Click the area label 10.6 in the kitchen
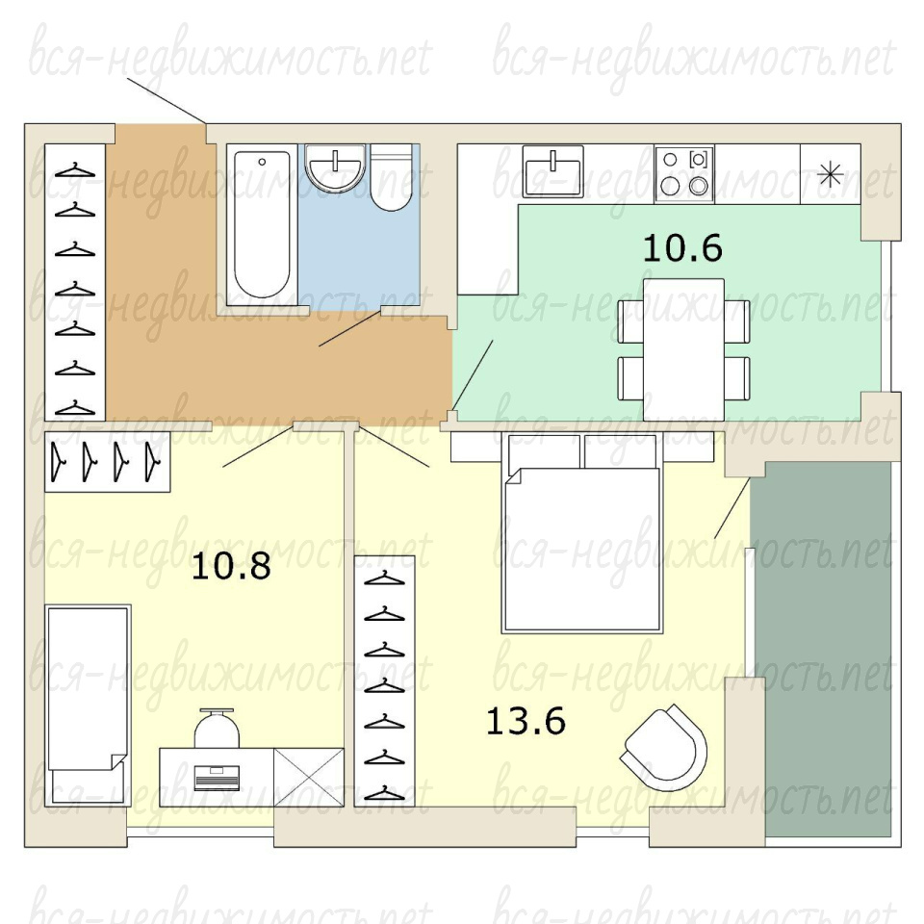(682, 247)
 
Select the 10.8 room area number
(231, 566)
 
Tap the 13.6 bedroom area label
(526, 721)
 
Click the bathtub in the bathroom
(262, 224)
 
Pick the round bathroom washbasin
(335, 167)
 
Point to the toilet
(392, 178)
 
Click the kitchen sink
(552, 171)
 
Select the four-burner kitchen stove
(684, 174)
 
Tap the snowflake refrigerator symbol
(830, 174)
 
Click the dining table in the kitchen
(683, 350)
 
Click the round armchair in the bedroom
(664, 749)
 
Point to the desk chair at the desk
(217, 729)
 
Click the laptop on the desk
(217, 778)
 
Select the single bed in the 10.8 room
(88, 705)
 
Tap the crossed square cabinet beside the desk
(309, 778)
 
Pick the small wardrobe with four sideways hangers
(108, 462)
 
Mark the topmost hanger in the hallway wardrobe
(75, 171)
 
